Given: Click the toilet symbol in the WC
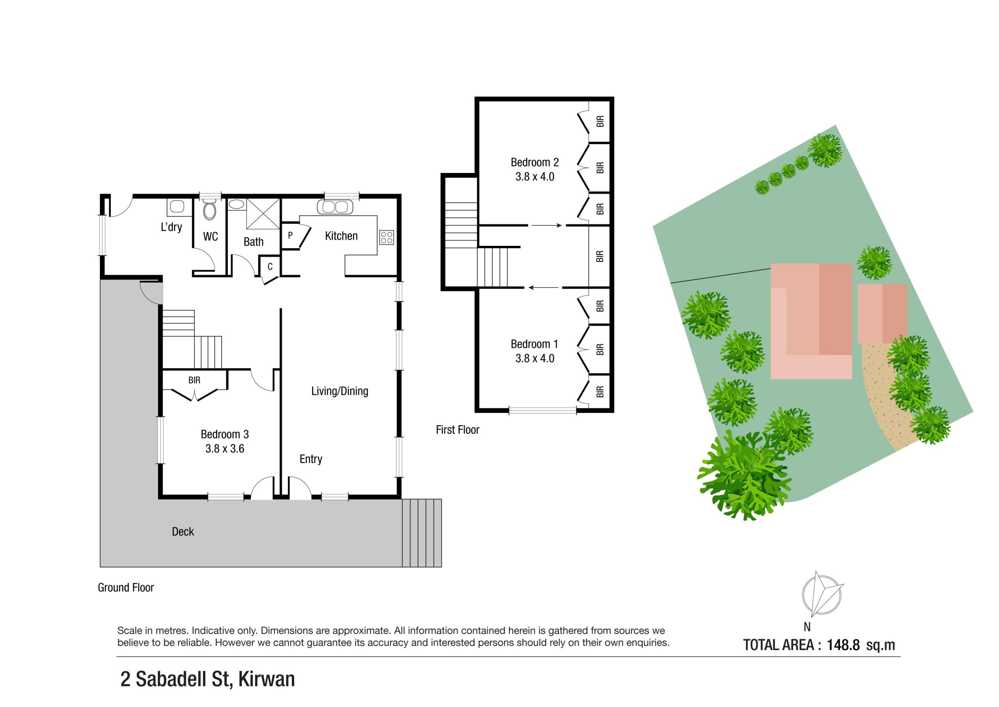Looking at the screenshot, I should pyautogui.click(x=210, y=211).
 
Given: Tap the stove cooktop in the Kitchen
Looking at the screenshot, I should pyautogui.click(x=386, y=237).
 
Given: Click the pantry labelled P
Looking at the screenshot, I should pyautogui.click(x=290, y=235).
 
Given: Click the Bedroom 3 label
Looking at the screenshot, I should pyautogui.click(x=224, y=434).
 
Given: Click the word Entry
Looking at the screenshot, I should pyautogui.click(x=311, y=459).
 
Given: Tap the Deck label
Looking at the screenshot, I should pyautogui.click(x=183, y=532).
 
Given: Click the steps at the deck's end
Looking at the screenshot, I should pyautogui.click(x=421, y=533).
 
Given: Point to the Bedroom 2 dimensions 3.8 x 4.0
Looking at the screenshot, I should pyautogui.click(x=534, y=177).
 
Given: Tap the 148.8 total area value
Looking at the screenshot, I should pyautogui.click(x=843, y=645).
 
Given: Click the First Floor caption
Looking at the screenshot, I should pyautogui.click(x=457, y=430).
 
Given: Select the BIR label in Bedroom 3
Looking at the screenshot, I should pyautogui.click(x=194, y=380).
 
